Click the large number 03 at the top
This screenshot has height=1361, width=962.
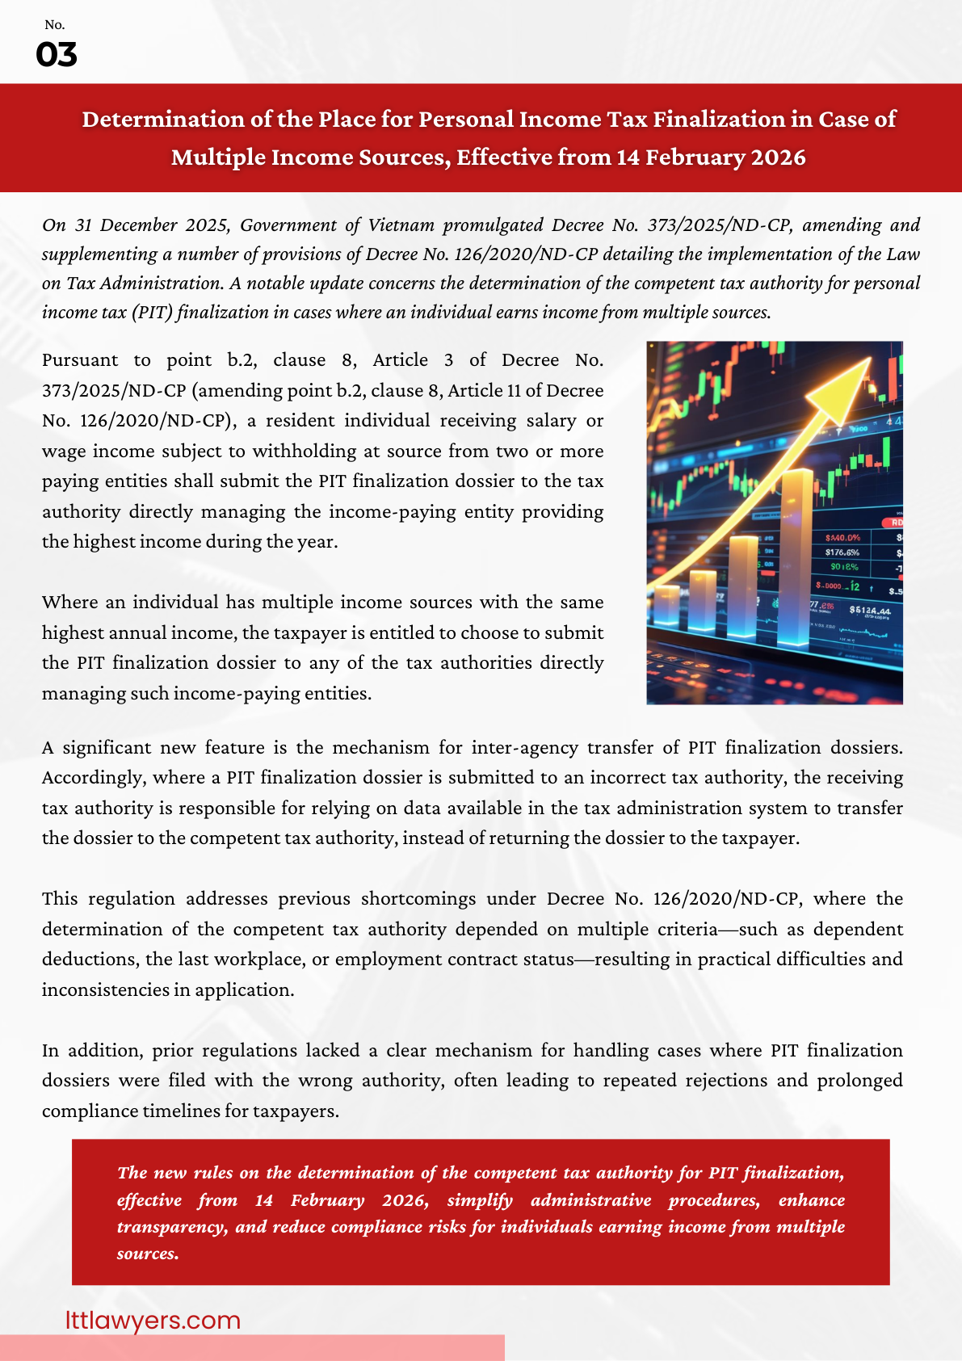[57, 55]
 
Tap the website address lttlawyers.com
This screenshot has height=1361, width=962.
[153, 1320]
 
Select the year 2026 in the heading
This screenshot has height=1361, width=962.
[778, 157]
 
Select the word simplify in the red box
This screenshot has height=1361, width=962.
[480, 1200]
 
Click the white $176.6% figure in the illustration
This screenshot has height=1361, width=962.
[842, 552]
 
